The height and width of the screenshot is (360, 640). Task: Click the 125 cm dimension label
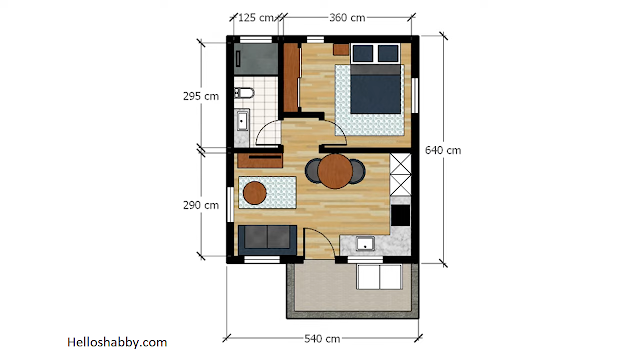(x=256, y=18)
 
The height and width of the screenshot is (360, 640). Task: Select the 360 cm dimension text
(x=347, y=18)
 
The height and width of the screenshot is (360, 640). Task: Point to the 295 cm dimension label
(x=201, y=96)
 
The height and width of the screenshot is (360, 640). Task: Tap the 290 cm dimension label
(x=201, y=205)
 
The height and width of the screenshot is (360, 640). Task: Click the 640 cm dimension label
(x=443, y=150)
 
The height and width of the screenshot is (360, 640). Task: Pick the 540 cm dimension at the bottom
(x=322, y=339)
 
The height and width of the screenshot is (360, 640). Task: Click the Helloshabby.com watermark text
(x=117, y=342)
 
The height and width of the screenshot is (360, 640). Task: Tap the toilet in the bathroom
(x=244, y=93)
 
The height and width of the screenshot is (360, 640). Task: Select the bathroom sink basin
(x=242, y=120)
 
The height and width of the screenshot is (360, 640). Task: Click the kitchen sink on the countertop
(x=365, y=243)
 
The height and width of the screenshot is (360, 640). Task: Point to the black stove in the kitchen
(x=400, y=215)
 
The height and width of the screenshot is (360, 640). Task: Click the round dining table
(x=335, y=171)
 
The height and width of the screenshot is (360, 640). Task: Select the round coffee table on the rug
(x=255, y=193)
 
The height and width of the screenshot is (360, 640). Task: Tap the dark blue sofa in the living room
(x=267, y=240)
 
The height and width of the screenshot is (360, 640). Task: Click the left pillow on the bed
(x=362, y=53)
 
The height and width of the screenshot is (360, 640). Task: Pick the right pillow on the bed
(x=388, y=53)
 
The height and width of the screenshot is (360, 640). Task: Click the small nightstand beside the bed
(x=341, y=49)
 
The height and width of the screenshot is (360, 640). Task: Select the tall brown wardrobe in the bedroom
(x=291, y=78)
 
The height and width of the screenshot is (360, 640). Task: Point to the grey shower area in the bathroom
(x=256, y=59)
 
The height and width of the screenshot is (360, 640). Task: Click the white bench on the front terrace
(x=380, y=277)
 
